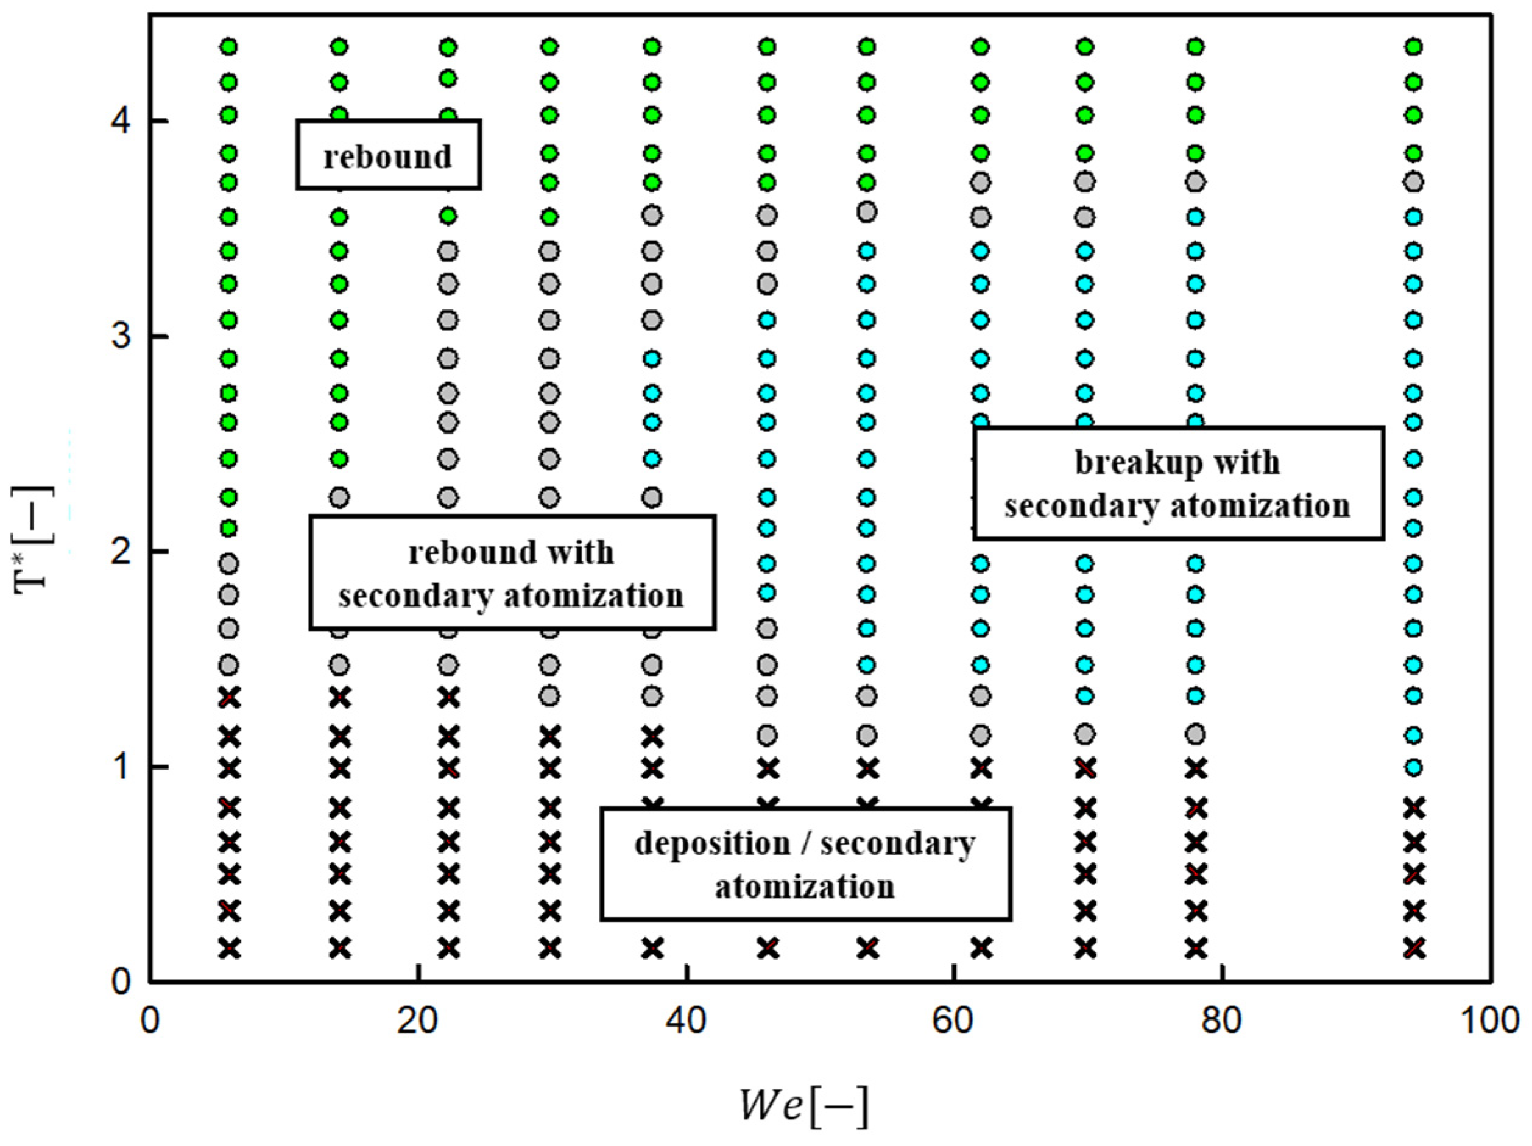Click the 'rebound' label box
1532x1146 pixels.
coord(389,155)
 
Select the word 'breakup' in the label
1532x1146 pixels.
coord(1115,463)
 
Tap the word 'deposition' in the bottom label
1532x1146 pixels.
coord(712,843)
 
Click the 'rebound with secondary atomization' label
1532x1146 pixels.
coord(512,572)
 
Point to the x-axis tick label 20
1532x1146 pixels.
coord(418,1021)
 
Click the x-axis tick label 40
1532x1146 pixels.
coord(686,1021)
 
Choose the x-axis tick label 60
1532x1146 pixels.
coord(955,1021)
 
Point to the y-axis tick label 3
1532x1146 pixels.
coord(122,337)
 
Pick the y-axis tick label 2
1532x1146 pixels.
coord(122,552)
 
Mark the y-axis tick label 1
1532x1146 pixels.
coord(122,767)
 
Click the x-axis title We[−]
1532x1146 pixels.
coord(803,1106)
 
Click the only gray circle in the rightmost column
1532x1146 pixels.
coord(1414,183)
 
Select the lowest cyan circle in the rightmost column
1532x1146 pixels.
coord(1414,767)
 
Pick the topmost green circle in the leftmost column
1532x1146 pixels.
coord(229,47)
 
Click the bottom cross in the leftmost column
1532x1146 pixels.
coord(229,948)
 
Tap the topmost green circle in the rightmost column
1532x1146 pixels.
coord(1414,47)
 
